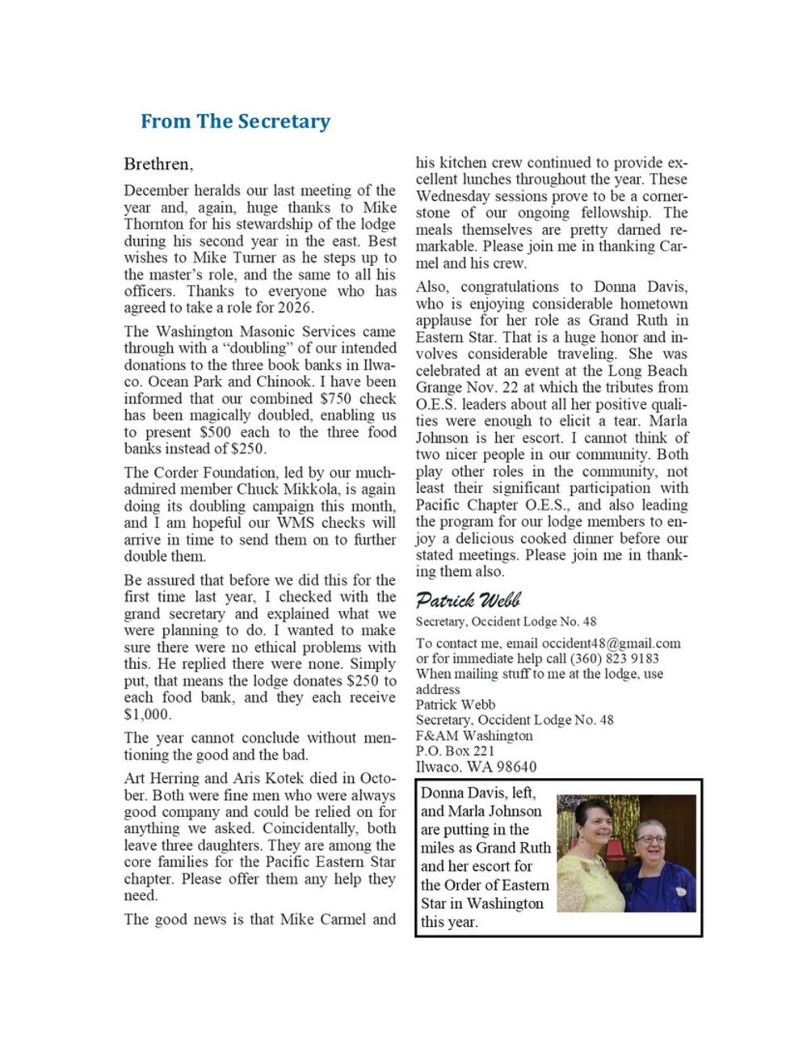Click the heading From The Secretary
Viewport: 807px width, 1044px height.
(235, 121)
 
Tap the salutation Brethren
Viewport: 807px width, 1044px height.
(158, 164)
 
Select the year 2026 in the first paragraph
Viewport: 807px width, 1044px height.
(296, 308)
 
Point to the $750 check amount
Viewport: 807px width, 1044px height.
(336, 398)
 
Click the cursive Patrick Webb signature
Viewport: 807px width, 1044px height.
(468, 600)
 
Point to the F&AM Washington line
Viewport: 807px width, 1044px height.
(474, 735)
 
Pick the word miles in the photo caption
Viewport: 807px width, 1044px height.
(439, 848)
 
